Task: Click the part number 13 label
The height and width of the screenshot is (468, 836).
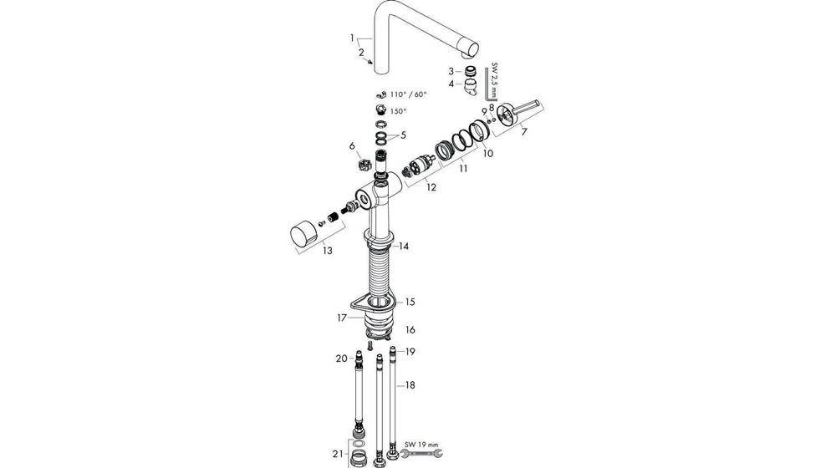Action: coord(328,250)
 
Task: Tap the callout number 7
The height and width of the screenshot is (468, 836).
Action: coord(524,131)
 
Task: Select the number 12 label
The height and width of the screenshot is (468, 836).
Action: coord(431,187)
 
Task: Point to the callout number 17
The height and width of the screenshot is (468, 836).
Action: coord(342,318)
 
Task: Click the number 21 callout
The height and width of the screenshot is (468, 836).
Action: coord(336,454)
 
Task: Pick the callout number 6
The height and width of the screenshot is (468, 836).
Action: coord(352,145)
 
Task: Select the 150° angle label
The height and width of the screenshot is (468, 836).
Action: coord(398,111)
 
